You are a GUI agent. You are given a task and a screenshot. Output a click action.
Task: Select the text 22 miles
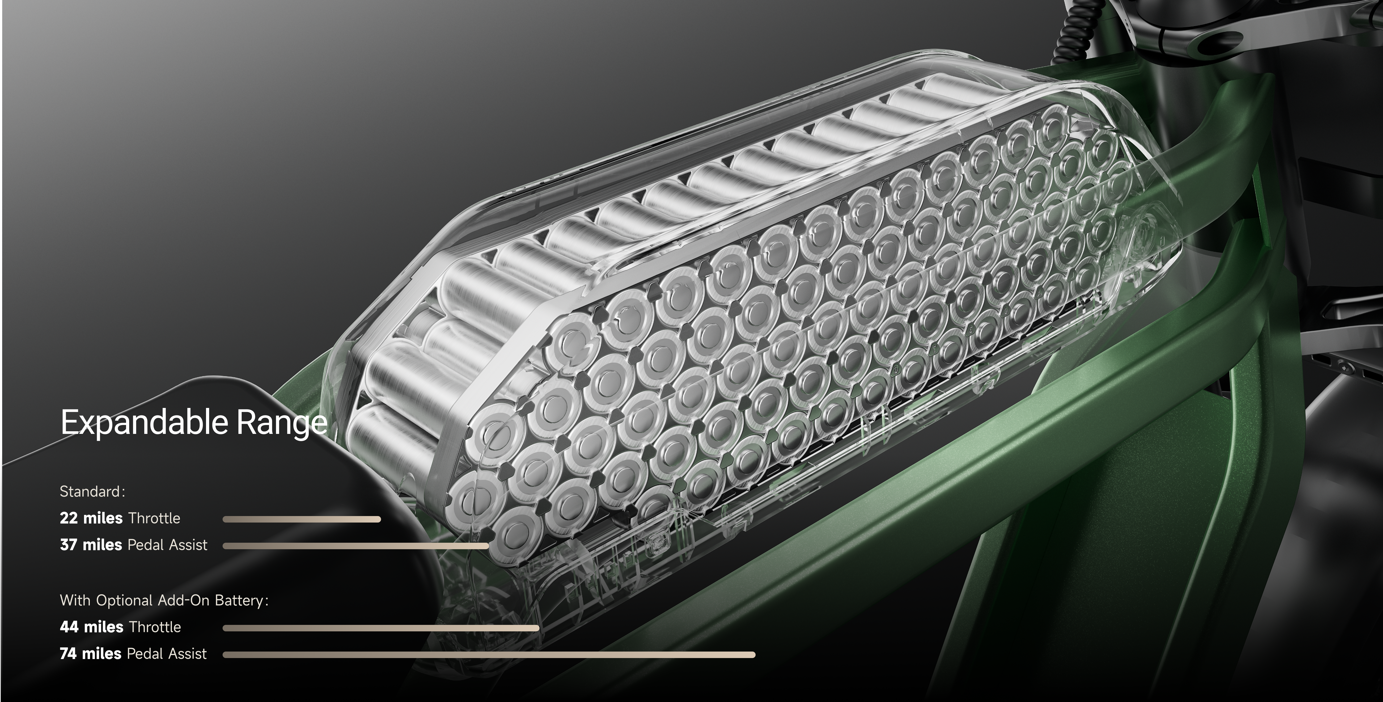tap(91, 518)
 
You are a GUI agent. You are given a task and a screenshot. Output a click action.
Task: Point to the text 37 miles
tap(91, 545)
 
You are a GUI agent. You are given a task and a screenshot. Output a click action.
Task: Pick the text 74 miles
tap(91, 654)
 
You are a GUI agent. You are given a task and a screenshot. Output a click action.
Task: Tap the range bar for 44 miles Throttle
tap(381, 628)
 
